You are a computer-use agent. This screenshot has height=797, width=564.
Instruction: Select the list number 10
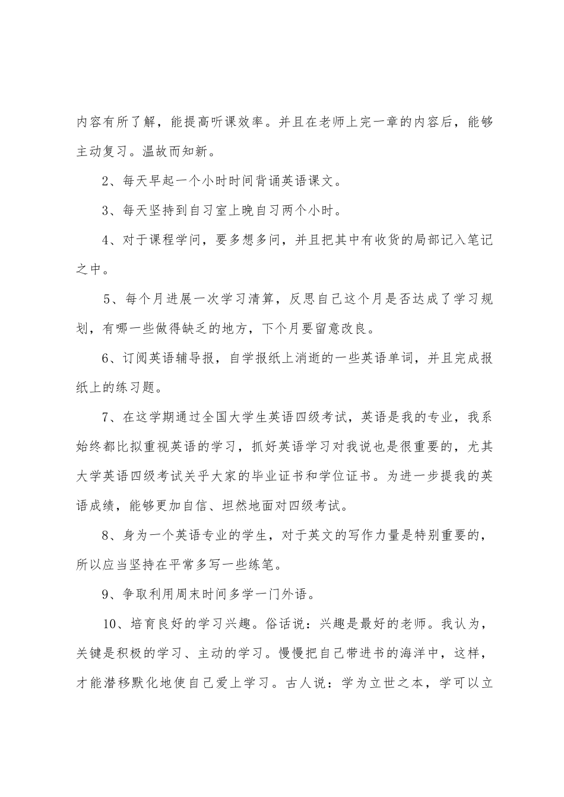click(109, 624)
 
